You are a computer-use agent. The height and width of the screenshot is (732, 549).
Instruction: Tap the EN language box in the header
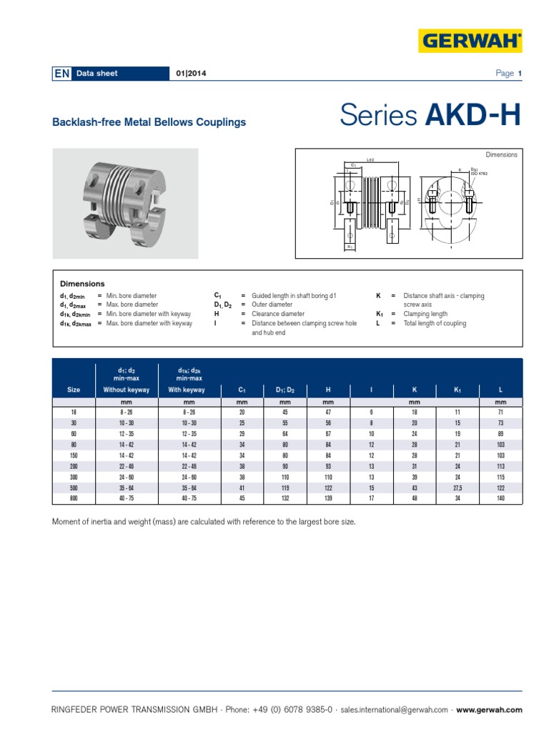click(x=62, y=74)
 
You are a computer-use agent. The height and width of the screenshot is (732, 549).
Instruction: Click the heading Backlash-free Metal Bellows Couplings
click(x=149, y=122)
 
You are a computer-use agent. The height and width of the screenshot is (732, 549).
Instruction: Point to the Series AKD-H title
click(x=430, y=115)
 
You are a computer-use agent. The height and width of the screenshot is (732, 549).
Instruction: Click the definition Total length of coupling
click(x=435, y=324)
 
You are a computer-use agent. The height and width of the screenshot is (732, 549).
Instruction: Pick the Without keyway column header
click(x=127, y=390)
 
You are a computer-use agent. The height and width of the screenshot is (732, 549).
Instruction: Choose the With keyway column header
click(x=187, y=390)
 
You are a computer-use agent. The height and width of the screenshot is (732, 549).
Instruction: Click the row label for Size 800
click(x=74, y=498)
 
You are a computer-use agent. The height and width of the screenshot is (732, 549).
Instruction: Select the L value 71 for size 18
click(x=500, y=413)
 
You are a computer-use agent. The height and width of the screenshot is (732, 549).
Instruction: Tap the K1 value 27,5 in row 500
click(x=457, y=488)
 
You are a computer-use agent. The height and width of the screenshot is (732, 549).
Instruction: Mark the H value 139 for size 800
click(x=328, y=498)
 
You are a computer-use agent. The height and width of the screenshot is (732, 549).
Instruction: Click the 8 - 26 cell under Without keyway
click(x=127, y=413)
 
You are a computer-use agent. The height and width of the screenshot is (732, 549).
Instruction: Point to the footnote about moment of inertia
click(x=204, y=522)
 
